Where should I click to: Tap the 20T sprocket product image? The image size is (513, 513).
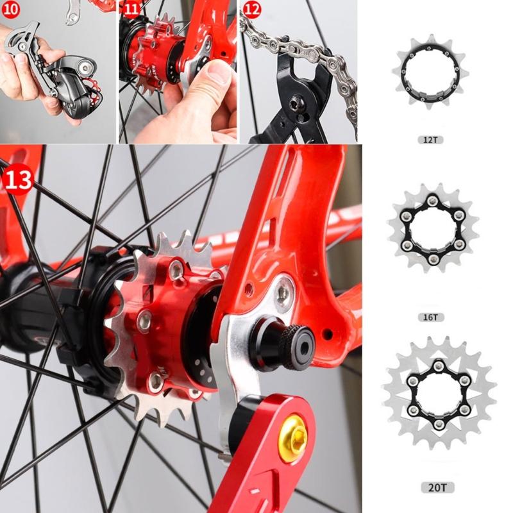click(439, 394)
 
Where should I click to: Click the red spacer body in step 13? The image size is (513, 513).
click(173, 321)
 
